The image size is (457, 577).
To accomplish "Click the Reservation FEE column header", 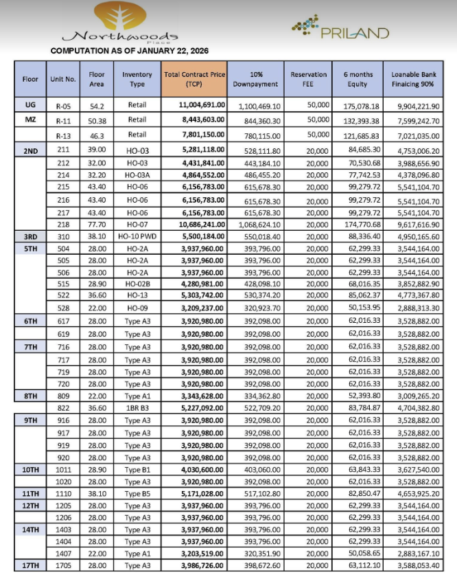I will click(308, 79).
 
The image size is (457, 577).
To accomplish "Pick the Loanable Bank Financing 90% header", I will click(414, 79).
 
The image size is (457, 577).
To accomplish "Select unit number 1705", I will click(63, 565).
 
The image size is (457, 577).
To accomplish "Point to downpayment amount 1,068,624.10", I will click(255, 225).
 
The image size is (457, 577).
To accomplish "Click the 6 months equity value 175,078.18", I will click(353, 106).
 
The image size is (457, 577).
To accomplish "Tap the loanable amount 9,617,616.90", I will click(414, 225).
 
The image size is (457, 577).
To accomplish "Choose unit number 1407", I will click(63, 553).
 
